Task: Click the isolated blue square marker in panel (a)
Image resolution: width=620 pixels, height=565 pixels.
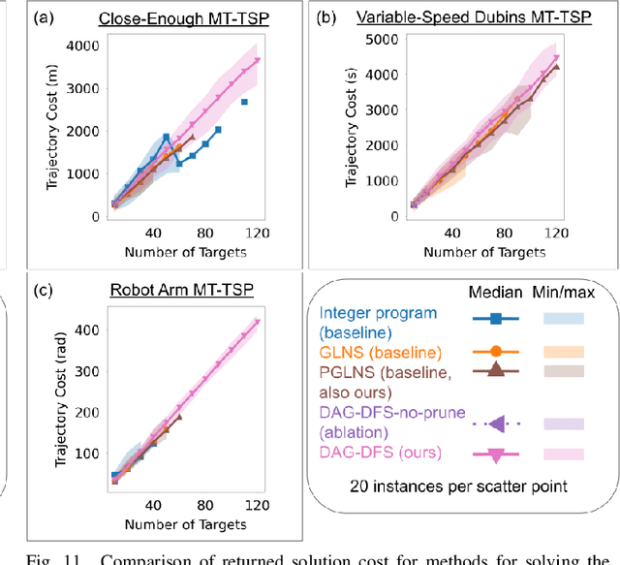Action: (244, 102)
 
